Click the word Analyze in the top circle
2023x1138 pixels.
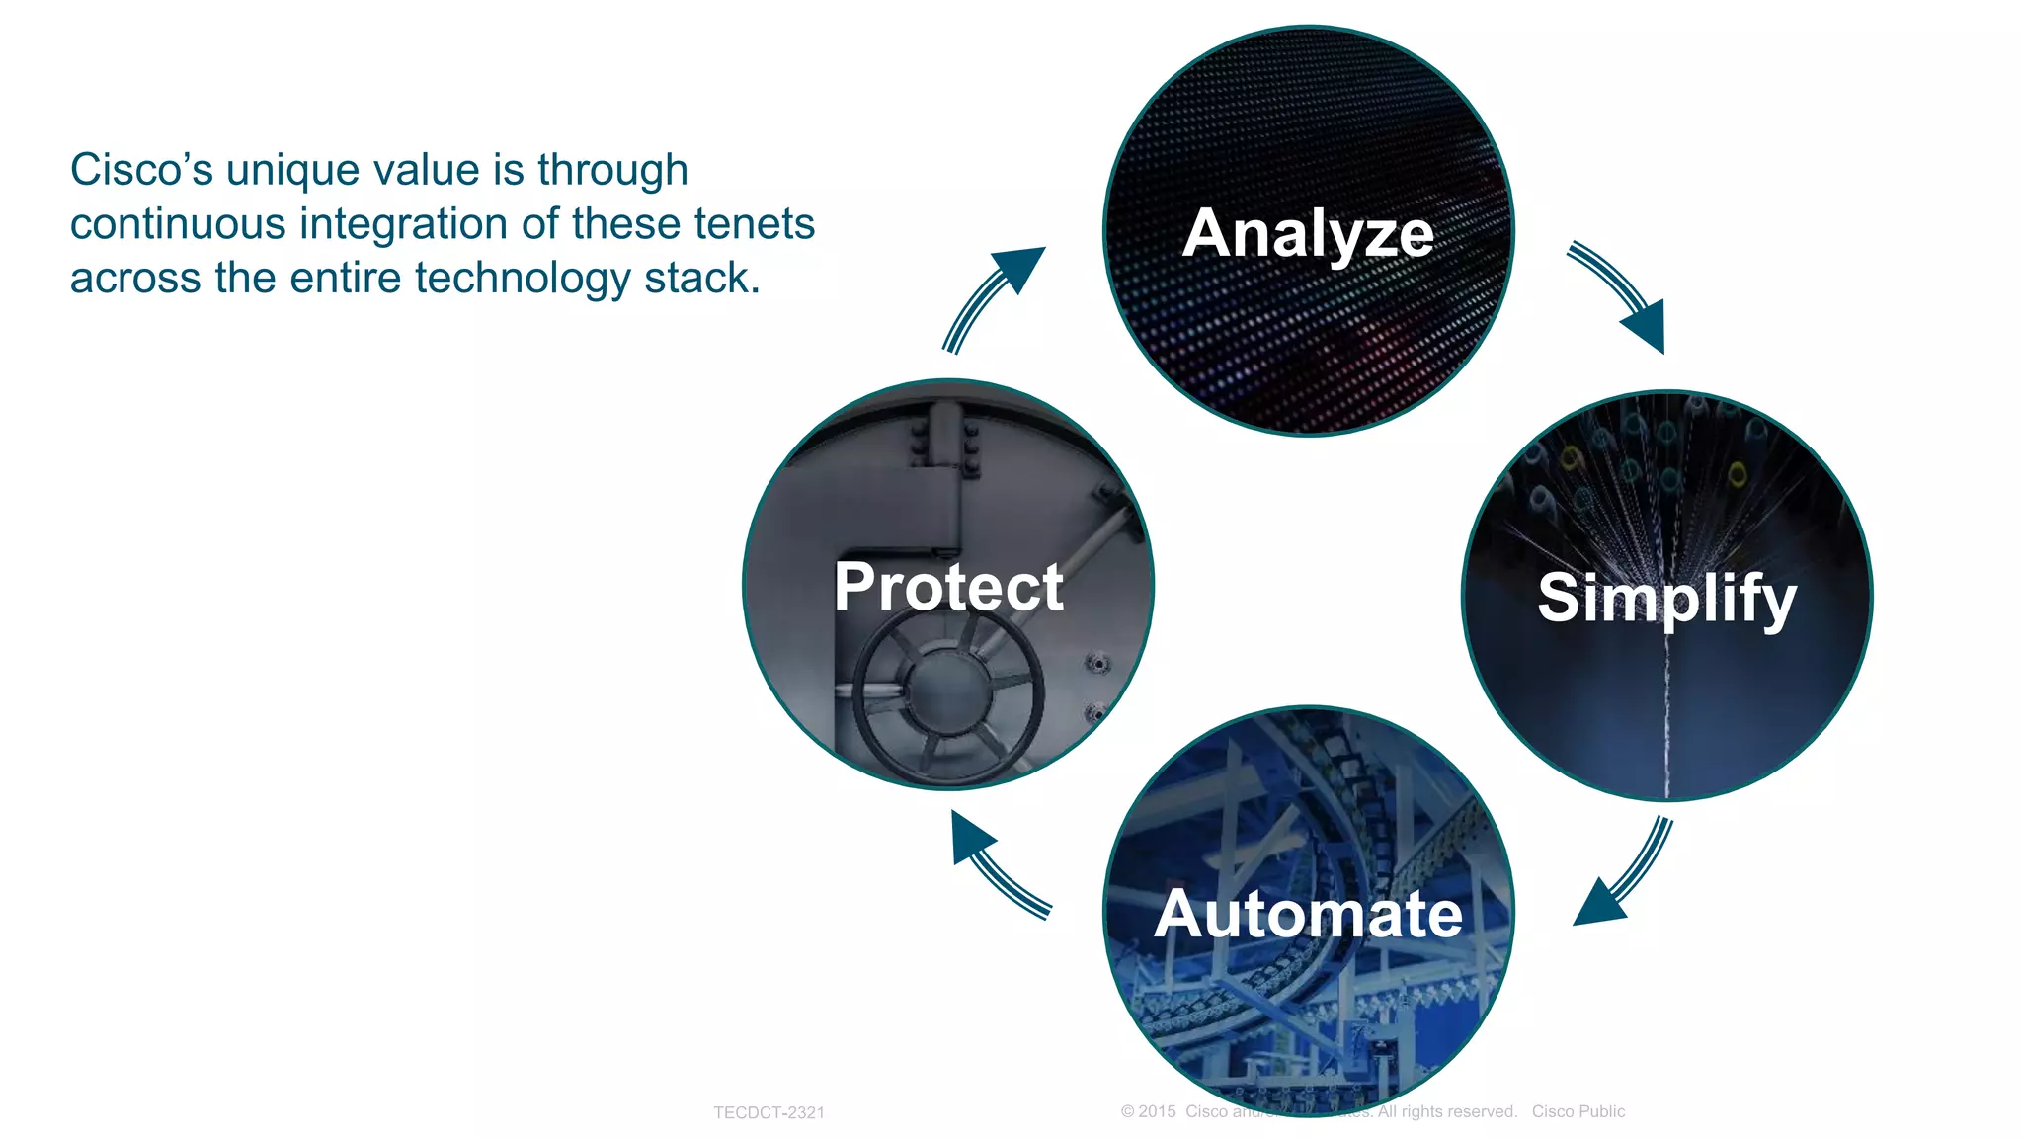pos(1307,234)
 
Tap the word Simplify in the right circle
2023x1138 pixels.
pos(1666,598)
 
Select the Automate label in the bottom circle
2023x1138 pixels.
pos(1308,914)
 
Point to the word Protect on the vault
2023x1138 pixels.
pos(948,587)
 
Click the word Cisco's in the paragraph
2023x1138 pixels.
pos(141,170)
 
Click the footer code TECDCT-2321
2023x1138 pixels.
pos(769,1112)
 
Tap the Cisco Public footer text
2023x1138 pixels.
pos(1578,1111)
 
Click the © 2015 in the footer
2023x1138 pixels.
pos(1148,1111)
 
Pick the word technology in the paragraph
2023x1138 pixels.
pos(522,279)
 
